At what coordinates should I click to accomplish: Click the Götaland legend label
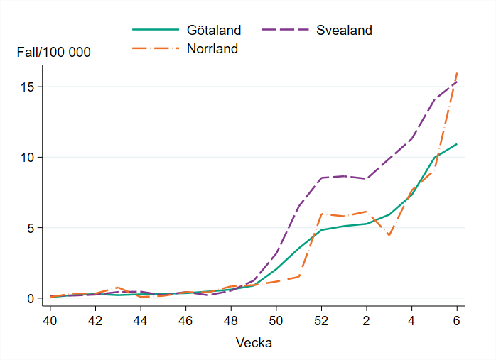click(x=214, y=31)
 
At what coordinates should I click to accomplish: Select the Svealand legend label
click(x=344, y=31)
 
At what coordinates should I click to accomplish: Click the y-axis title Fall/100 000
click(x=54, y=52)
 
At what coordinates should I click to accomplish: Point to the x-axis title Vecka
click(x=254, y=343)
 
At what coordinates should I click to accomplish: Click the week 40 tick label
click(x=50, y=320)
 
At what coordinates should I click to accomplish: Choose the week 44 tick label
click(x=140, y=320)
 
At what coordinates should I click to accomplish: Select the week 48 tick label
click(x=230, y=320)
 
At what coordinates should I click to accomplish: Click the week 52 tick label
click(x=321, y=320)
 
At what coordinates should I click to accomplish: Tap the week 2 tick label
click(x=367, y=320)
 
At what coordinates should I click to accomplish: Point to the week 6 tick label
click(x=457, y=320)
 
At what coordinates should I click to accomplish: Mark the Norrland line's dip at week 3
click(x=389, y=235)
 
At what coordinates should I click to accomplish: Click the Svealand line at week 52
click(x=321, y=178)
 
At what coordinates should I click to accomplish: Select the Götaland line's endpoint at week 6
click(x=457, y=144)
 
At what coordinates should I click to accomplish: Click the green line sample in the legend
click(x=155, y=31)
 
